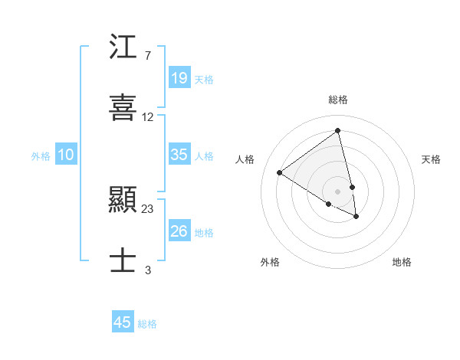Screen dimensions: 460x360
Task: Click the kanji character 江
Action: coord(123,49)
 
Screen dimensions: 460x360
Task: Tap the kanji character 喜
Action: coord(123,107)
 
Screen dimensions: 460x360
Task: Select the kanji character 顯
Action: coord(123,201)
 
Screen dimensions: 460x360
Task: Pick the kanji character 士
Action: coord(123,259)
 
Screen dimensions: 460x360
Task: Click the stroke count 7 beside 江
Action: coord(147,56)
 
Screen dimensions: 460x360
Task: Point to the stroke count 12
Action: coord(148,117)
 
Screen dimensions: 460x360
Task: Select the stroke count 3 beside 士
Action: coord(148,269)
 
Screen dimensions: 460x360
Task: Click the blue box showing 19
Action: coord(179,77)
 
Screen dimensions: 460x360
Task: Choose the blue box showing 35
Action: coord(179,155)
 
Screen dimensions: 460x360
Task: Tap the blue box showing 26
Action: coord(179,231)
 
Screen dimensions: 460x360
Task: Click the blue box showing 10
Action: coord(66,155)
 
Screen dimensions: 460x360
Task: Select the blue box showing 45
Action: coord(123,322)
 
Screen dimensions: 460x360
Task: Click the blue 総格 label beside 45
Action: coord(147,324)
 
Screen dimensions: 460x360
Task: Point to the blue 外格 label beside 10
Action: coord(41,156)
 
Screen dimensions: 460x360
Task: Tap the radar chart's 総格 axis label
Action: coord(338,100)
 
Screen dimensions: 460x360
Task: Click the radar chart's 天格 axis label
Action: coord(431,159)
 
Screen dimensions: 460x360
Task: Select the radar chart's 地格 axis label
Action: coord(402,262)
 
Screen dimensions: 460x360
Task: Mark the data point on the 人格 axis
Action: coord(280,172)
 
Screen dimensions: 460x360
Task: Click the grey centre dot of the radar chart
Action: coord(337,191)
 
